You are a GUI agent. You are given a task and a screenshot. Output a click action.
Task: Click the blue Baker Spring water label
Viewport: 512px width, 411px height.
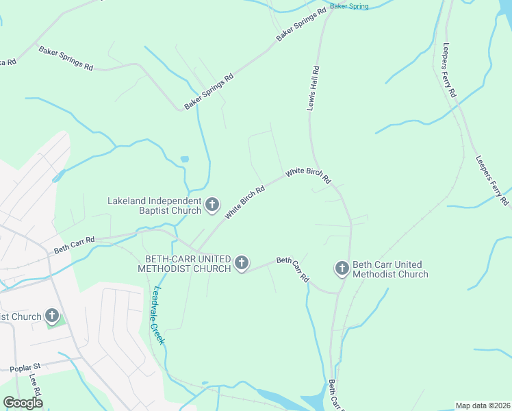[349, 6]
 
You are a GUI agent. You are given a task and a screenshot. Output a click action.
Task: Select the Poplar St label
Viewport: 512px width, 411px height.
[26, 368]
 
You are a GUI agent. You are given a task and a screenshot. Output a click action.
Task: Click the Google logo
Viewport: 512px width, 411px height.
[23, 402]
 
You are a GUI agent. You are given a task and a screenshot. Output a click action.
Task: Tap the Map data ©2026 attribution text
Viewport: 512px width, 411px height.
[483, 406]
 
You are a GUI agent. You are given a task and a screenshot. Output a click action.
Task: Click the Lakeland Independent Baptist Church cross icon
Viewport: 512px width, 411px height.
[212, 204]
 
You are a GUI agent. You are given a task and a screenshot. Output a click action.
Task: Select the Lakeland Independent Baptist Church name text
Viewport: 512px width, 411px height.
[155, 206]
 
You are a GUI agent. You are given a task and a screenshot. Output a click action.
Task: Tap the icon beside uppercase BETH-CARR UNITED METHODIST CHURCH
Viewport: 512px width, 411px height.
[241, 263]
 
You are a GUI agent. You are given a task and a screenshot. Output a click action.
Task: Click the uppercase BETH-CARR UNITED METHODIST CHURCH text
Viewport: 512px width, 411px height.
[188, 264]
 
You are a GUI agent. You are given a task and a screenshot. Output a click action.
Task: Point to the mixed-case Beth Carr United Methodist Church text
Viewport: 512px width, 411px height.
[391, 269]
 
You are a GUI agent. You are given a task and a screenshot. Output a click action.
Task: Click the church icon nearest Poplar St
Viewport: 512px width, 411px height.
[52, 316]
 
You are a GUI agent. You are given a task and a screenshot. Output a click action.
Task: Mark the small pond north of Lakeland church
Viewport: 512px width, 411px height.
[185, 160]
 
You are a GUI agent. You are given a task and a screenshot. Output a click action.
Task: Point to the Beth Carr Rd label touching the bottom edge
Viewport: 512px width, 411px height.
[335, 395]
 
